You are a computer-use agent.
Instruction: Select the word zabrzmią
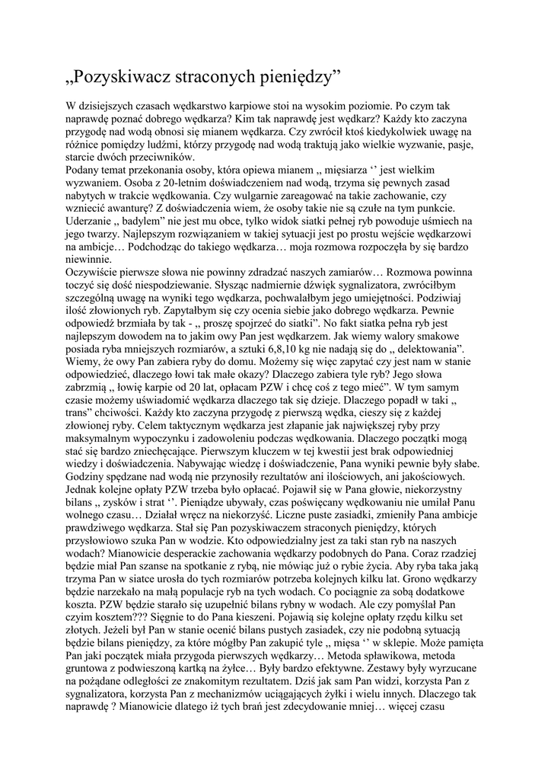pyautogui.click(x=88, y=386)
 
